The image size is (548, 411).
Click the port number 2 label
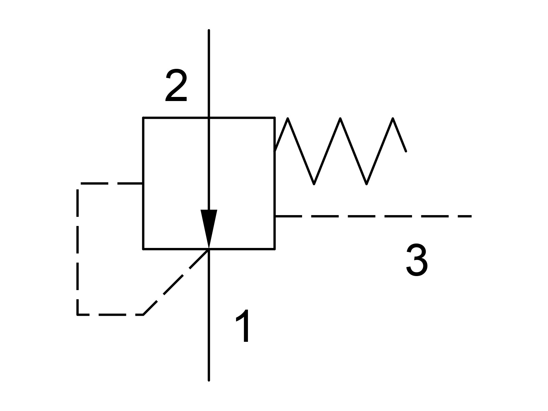176,85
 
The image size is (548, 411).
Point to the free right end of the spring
406,151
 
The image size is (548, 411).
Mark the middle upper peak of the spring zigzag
340,118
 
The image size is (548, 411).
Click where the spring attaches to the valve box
275,151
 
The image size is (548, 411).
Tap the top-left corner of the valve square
143,117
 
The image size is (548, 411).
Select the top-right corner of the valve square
275,117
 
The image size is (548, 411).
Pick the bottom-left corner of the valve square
143,249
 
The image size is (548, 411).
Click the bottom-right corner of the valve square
275,249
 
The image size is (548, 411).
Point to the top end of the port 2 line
209,30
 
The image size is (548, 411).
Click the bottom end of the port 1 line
209,380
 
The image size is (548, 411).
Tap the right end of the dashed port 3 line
471,216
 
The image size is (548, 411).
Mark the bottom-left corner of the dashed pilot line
78,315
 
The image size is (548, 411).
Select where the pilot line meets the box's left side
143,184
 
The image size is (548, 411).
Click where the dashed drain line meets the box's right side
275,216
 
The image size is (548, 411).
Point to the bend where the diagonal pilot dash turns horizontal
143,315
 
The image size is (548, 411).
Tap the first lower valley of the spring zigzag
314,184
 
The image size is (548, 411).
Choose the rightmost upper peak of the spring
393,118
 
